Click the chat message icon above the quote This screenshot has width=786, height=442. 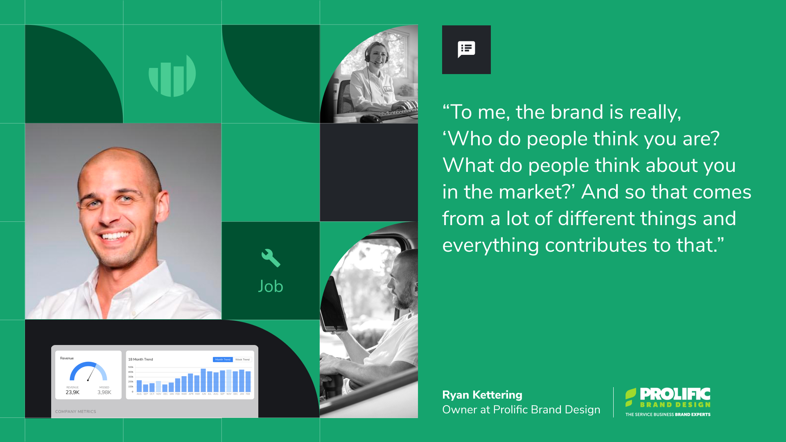(466, 50)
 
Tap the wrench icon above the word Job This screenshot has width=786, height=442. (271, 258)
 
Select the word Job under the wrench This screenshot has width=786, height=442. (271, 286)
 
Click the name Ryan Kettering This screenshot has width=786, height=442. (482, 395)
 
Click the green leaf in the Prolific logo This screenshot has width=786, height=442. (630, 397)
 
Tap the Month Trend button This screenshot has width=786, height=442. (223, 359)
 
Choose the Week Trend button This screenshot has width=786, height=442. (242, 359)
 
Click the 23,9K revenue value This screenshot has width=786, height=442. (72, 392)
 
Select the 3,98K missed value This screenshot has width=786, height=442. (104, 392)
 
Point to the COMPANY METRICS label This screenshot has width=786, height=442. (76, 412)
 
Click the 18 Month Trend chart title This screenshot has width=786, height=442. (140, 359)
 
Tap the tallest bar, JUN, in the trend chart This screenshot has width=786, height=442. (203, 380)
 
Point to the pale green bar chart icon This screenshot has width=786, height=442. (172, 76)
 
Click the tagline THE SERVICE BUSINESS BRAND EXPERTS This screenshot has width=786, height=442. (668, 415)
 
